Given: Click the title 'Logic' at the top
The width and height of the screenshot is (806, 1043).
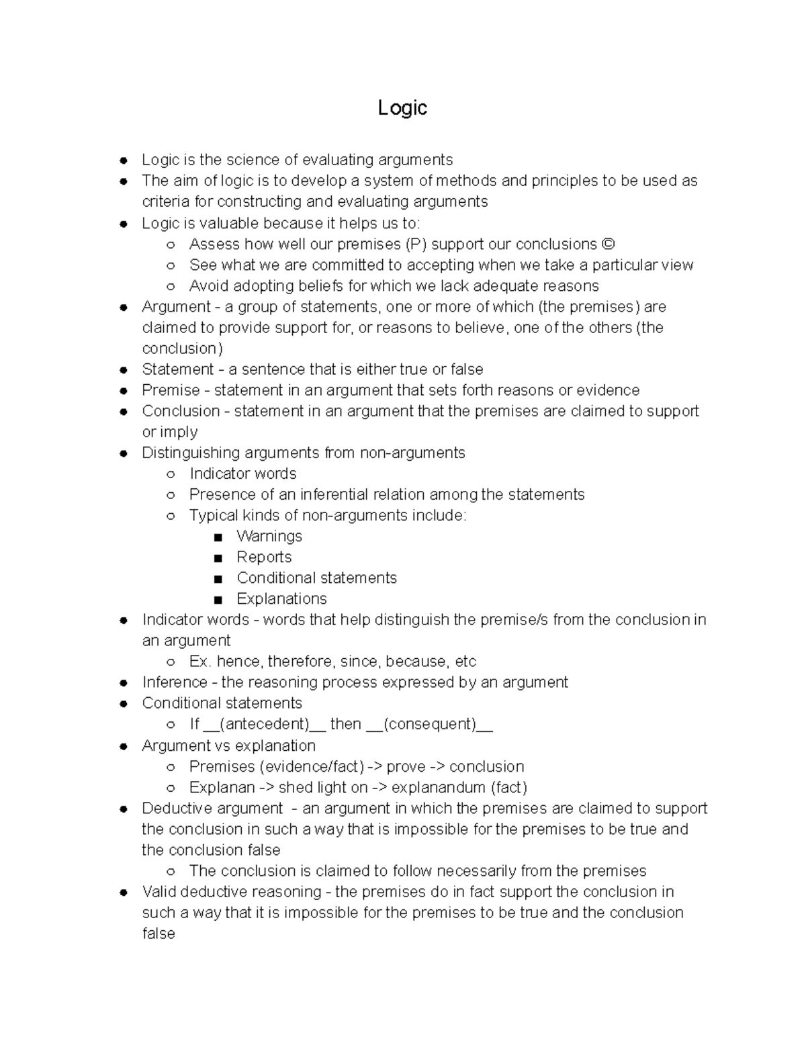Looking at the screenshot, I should tap(402, 107).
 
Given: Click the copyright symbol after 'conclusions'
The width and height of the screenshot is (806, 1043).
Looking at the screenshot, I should tap(609, 244).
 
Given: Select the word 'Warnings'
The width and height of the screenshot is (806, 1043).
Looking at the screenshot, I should tap(269, 536).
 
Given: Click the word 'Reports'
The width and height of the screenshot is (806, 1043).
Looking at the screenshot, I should tap(264, 557).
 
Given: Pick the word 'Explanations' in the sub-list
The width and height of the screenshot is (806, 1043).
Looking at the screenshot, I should tap(281, 598).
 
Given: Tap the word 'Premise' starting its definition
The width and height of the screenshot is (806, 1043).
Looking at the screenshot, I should tap(171, 390).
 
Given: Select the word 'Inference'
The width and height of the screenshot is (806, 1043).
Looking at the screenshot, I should tap(175, 682).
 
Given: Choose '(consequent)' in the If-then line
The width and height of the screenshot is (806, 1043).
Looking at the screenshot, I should tap(430, 724).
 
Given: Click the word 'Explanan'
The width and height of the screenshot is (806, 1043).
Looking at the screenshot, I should tap(222, 787).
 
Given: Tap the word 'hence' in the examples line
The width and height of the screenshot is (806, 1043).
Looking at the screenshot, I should tap(240, 662).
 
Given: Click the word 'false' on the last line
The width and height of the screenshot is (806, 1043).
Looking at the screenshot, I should tap(159, 934).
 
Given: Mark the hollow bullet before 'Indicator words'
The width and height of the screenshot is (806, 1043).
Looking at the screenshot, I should tap(171, 474).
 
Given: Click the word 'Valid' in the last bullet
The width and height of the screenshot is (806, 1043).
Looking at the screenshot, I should tap(159, 892).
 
